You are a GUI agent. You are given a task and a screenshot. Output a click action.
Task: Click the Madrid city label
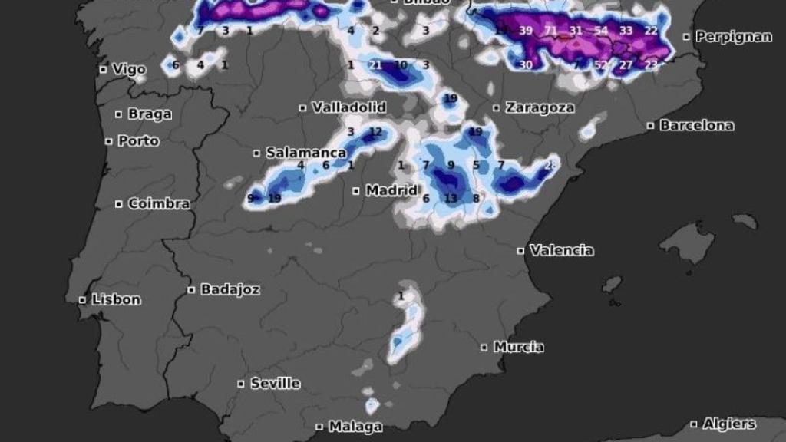tap(391, 190)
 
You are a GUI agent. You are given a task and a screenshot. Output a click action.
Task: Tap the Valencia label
tap(561, 250)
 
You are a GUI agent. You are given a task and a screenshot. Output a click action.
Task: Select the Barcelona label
tap(696, 125)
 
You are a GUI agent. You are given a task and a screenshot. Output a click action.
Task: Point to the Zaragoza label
tap(540, 108)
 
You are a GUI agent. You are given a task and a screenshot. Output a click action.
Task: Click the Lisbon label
tap(116, 300)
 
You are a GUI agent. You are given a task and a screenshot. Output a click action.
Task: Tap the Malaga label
tap(355, 427)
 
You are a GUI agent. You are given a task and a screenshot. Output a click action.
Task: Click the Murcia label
tap(518, 347)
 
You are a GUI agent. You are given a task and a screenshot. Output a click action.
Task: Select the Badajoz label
tap(230, 290)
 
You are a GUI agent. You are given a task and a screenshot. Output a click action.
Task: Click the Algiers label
tap(728, 424)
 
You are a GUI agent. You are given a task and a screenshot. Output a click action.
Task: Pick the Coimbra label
tap(159, 204)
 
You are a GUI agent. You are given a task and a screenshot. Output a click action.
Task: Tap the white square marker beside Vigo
tap(103, 70)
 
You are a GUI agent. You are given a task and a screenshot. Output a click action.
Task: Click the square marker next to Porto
tap(109, 141)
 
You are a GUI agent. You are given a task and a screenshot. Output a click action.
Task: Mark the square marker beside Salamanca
tap(257, 153)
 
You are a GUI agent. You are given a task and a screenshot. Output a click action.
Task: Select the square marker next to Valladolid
tap(303, 108)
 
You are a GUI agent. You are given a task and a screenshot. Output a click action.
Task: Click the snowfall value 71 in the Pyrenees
tap(551, 31)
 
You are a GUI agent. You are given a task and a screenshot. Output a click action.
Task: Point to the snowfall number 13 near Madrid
tap(451, 199)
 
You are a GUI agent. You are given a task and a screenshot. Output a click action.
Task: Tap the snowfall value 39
tap(526, 31)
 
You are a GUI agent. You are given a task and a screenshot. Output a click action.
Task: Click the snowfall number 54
tap(601, 31)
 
